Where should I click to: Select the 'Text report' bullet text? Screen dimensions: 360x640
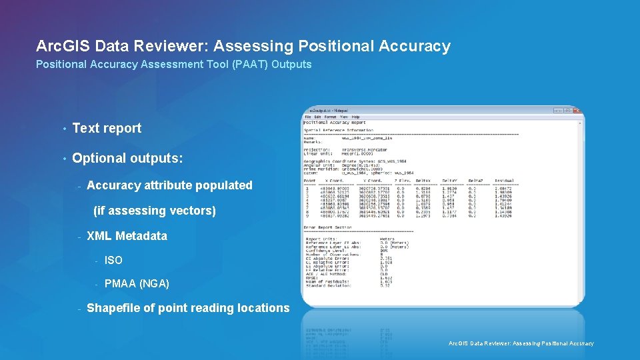107,128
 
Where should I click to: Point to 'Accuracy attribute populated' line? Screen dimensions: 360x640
169,185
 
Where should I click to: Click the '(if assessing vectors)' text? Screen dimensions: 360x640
155,211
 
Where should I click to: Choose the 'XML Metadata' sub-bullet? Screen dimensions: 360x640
127,236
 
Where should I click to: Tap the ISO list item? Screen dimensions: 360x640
113,260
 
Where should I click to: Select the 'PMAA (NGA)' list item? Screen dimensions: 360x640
137,284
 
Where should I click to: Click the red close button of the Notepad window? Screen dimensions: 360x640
577,110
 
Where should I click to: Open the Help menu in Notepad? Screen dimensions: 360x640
355,117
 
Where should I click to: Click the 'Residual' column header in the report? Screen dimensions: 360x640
505,180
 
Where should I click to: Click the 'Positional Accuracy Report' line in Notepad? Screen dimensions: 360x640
335,123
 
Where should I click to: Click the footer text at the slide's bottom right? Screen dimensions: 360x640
521,344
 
